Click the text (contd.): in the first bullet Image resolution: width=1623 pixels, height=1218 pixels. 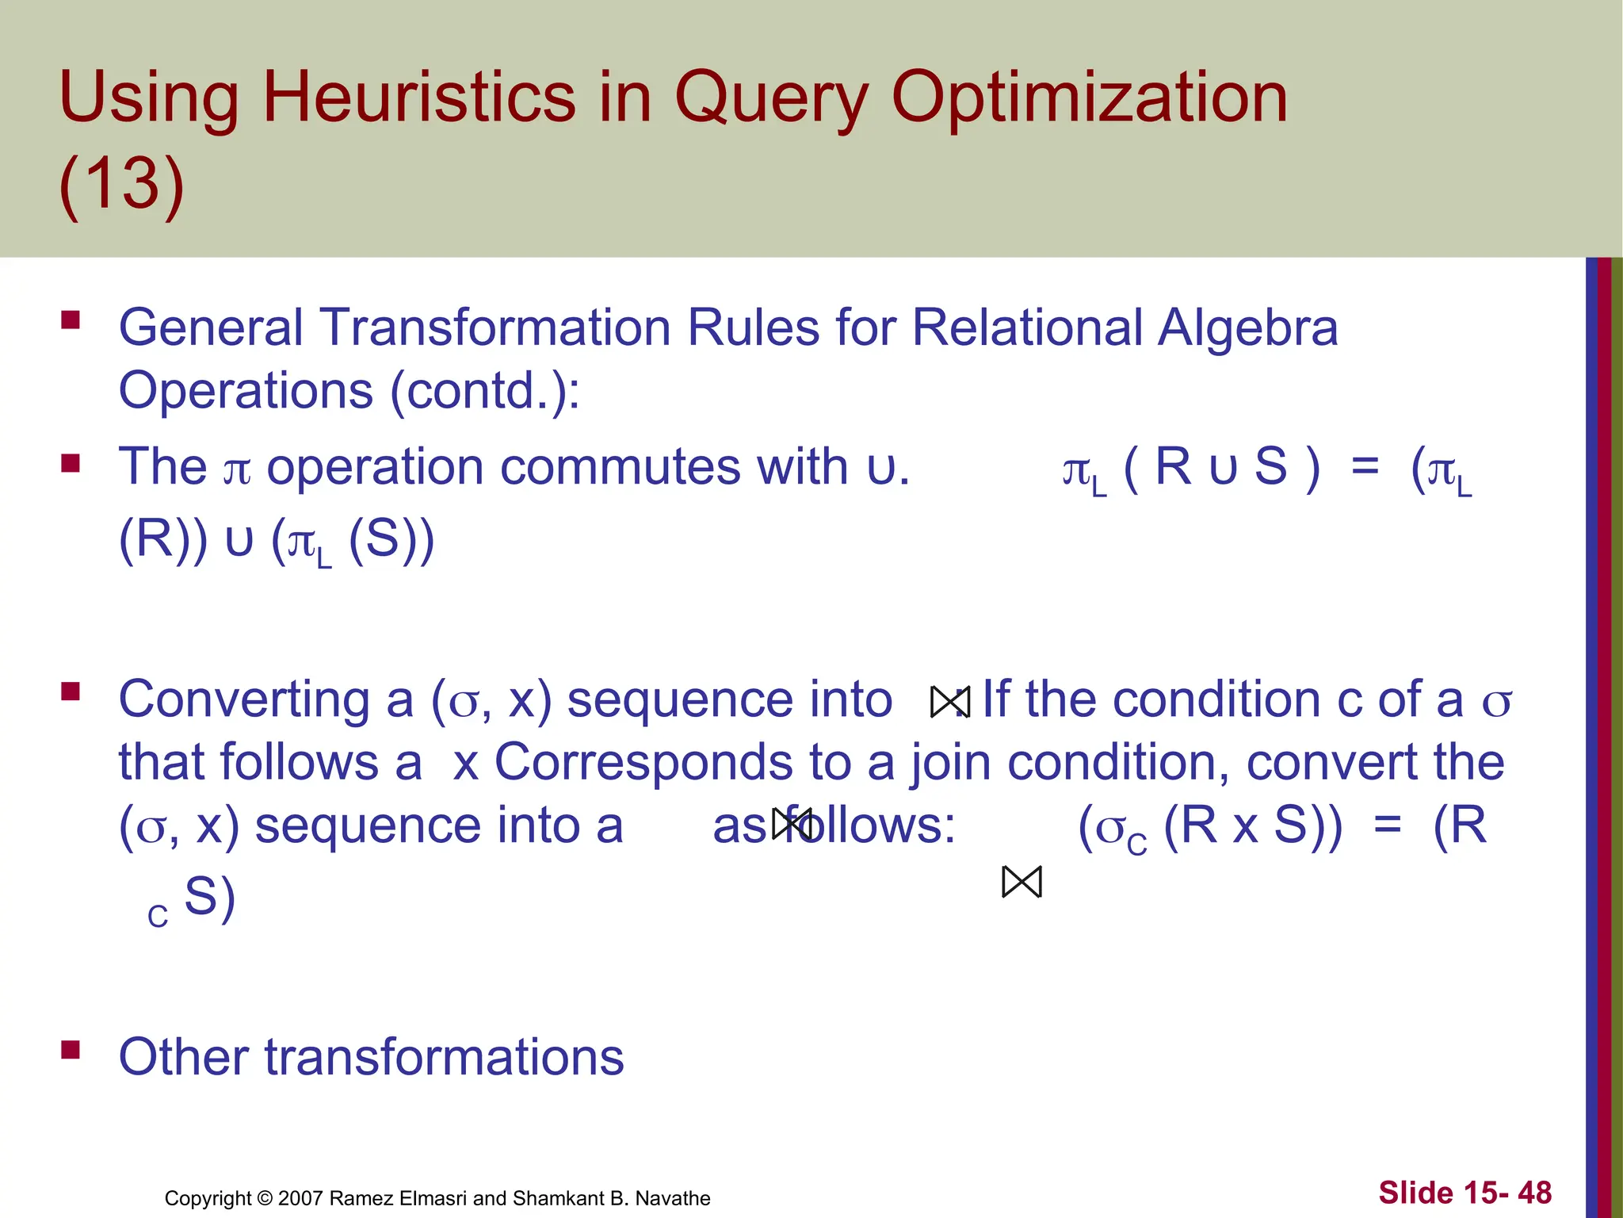click(484, 391)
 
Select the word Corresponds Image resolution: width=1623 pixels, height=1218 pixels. click(643, 762)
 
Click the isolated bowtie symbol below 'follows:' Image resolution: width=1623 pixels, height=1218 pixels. click(1022, 882)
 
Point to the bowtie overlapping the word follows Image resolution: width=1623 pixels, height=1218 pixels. click(792, 824)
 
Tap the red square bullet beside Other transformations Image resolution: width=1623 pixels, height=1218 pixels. click(71, 1051)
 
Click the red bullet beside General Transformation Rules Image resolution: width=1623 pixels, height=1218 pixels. click(71, 320)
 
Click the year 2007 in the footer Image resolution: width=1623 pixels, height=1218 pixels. click(300, 1198)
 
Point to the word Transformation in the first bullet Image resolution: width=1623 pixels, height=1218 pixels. click(495, 327)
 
